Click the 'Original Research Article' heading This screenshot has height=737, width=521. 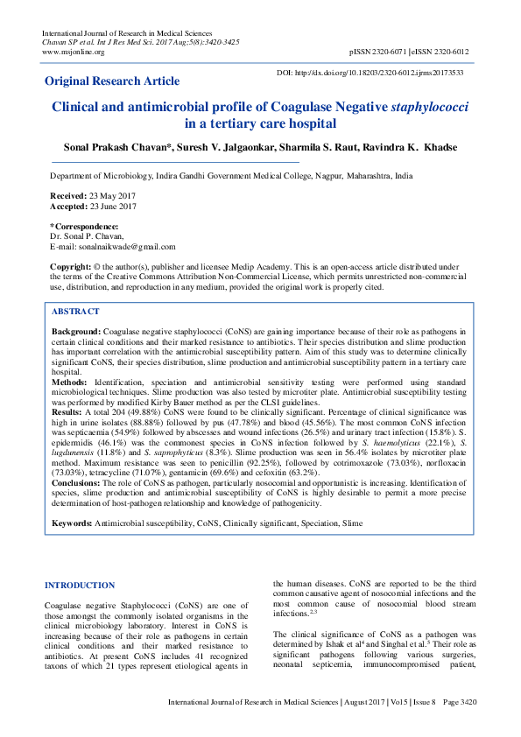coord(112,81)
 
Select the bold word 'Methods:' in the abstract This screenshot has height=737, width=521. coord(69,383)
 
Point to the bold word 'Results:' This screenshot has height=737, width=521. coord(67,411)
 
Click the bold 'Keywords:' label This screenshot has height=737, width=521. coord(72,523)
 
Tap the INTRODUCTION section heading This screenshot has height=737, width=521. coord(80,585)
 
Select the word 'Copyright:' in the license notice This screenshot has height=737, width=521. coord(70,265)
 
